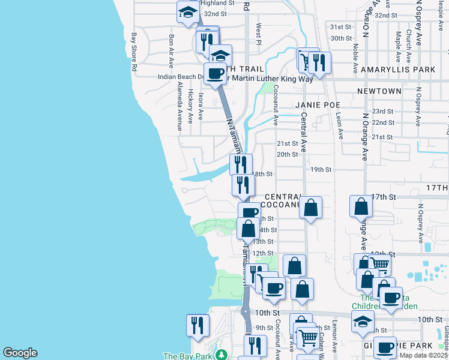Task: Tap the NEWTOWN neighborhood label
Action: pos(379,91)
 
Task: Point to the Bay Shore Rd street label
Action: pos(135,52)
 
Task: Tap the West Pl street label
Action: pos(259,34)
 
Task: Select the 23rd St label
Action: pos(382,112)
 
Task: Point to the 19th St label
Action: pos(321,170)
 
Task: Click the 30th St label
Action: pos(340,38)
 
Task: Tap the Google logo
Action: pos(20,353)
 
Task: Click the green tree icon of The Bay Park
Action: pos(221,355)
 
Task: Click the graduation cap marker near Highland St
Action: pos(188,11)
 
